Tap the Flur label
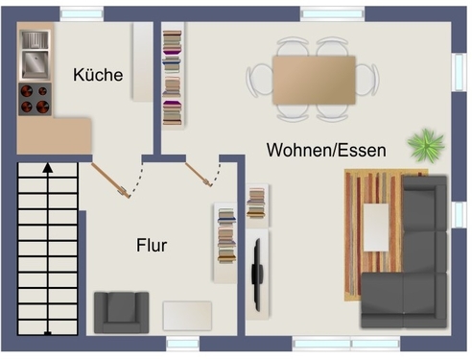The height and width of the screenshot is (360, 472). pos(152,246)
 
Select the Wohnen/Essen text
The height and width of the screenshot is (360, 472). pos(326,151)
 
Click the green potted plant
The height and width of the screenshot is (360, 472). pos(425,146)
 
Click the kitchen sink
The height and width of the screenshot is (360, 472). pos(35,54)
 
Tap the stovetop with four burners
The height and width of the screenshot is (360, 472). pos(35,99)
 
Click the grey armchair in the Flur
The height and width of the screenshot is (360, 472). pos(121,311)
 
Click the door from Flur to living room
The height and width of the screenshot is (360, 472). pos(202,178)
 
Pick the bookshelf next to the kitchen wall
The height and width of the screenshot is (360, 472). pos(172,77)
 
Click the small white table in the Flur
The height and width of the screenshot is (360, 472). pos(187,316)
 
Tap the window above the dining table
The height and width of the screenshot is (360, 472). pos(332,13)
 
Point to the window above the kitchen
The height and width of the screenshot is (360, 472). pos(81,13)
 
